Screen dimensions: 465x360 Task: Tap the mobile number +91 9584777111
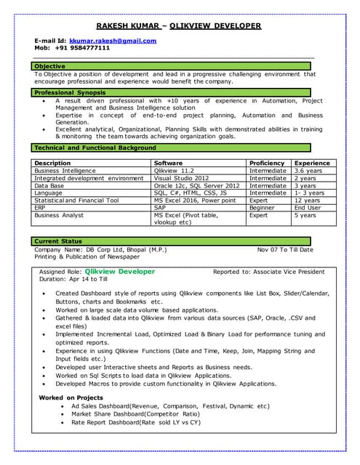81,48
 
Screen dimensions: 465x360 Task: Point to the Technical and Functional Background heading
95,148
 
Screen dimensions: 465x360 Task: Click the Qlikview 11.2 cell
174,171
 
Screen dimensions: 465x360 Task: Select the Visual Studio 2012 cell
181,178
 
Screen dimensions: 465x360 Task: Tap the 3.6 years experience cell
308,171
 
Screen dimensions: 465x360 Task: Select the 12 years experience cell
306,201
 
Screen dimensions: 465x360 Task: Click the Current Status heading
60,241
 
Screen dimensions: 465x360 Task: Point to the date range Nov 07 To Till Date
285,250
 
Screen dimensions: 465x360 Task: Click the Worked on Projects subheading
71,397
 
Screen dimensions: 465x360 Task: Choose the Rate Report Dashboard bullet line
136,422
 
